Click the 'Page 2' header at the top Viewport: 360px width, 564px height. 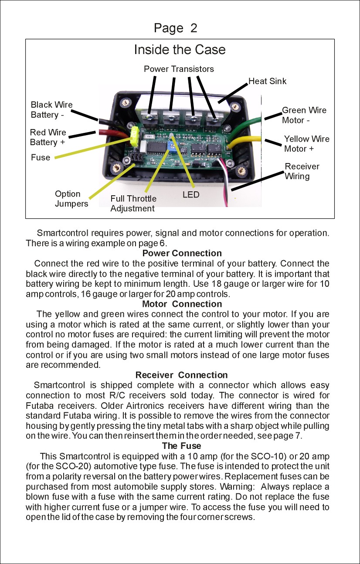point(175,28)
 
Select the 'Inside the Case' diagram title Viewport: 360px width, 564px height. point(180,50)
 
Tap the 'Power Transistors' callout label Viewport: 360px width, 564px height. point(179,69)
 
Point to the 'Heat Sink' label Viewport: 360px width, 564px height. point(267,81)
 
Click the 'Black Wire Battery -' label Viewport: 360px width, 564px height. point(51,110)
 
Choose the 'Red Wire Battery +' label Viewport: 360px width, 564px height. point(48,137)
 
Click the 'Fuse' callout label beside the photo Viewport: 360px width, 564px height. point(41,157)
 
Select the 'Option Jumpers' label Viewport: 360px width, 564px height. point(71,199)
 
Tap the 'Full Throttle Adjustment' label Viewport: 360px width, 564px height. point(133,204)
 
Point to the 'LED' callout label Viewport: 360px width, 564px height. point(191,194)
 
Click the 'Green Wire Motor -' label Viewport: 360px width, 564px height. point(304,115)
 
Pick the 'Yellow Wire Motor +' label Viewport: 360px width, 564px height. point(306,144)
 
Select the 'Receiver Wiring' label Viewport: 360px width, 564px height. point(302,171)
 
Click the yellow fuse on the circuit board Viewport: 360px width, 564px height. point(135,136)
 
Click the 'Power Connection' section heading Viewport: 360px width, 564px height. point(182,253)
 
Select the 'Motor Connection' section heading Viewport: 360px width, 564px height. point(182,304)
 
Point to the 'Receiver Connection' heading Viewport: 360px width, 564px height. point(181,375)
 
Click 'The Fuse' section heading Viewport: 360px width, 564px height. point(181,446)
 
